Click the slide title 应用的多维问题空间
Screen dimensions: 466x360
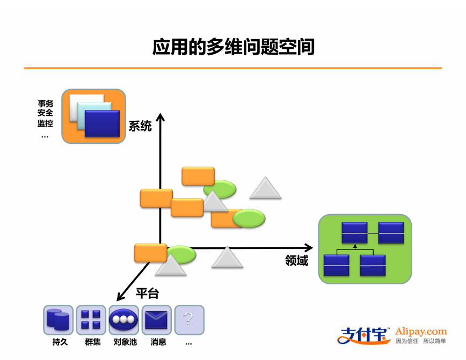(234, 47)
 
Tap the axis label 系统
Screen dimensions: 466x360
(140, 126)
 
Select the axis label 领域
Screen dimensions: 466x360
(296, 261)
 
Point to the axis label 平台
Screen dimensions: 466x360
(148, 293)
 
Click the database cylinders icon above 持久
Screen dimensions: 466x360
(58, 320)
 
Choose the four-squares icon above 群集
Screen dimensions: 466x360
(91, 320)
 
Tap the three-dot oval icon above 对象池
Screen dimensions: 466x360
(123, 320)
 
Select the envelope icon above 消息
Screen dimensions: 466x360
(157, 320)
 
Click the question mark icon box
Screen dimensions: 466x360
(190, 320)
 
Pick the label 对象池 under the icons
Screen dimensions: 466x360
(125, 342)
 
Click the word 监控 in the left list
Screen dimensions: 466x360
(45, 123)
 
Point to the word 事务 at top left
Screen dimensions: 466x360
(45, 104)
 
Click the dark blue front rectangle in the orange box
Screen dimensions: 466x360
(102, 123)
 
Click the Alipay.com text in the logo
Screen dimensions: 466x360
(421, 332)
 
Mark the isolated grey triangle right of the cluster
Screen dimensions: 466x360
(265, 188)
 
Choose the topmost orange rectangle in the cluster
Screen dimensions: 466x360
(198, 176)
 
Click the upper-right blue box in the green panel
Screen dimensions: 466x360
(391, 233)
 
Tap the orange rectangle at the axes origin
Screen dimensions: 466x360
(151, 253)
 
